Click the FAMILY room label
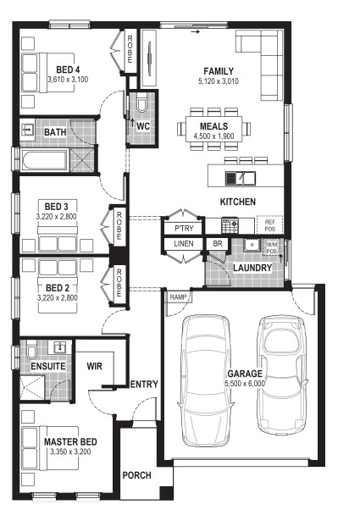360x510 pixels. click(x=219, y=71)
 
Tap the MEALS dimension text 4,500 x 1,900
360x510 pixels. click(x=213, y=136)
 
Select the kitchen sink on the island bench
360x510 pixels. click(x=241, y=179)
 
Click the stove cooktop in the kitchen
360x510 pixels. click(x=230, y=225)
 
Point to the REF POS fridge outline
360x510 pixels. click(x=269, y=225)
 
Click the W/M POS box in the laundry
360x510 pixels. click(x=272, y=248)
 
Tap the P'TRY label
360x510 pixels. click(x=184, y=229)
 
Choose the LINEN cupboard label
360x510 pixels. click(x=184, y=244)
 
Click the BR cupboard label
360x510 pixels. click(x=218, y=244)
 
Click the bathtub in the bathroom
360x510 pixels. click(x=45, y=160)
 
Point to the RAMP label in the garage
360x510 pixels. click(x=178, y=297)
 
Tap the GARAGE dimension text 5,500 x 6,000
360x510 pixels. click(x=245, y=384)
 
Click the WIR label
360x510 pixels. click(x=95, y=366)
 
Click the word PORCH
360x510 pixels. click(x=137, y=475)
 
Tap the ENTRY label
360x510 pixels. click(x=144, y=385)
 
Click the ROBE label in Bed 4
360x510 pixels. click(x=130, y=49)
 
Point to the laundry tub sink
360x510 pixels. click(x=252, y=245)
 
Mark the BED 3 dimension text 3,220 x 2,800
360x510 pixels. click(x=57, y=217)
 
